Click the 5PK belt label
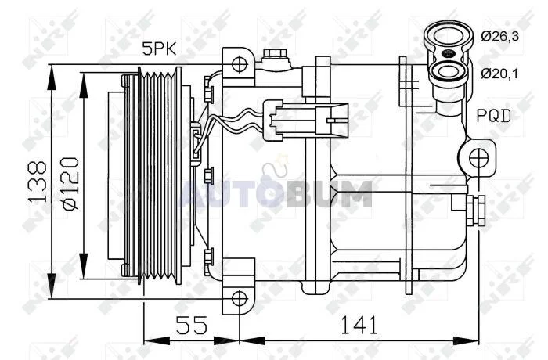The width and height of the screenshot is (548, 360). tap(159, 49)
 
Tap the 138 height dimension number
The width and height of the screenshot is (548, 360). tap(37, 182)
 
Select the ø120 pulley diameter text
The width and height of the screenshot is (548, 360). tap(70, 184)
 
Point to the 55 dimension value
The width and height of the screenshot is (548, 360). tap(191, 325)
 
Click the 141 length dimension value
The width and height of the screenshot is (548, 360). tap(359, 325)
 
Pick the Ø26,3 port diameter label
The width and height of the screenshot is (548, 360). tap(499, 36)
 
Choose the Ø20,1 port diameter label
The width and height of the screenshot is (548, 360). tap(499, 74)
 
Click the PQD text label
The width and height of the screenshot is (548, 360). tap(494, 115)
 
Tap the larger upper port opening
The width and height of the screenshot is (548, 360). tap(448, 36)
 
